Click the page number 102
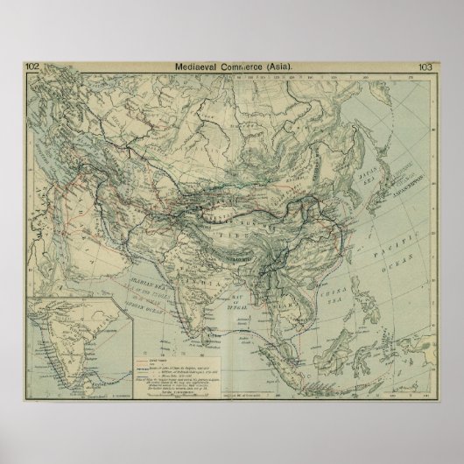point(33,65)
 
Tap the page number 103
point(427,65)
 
